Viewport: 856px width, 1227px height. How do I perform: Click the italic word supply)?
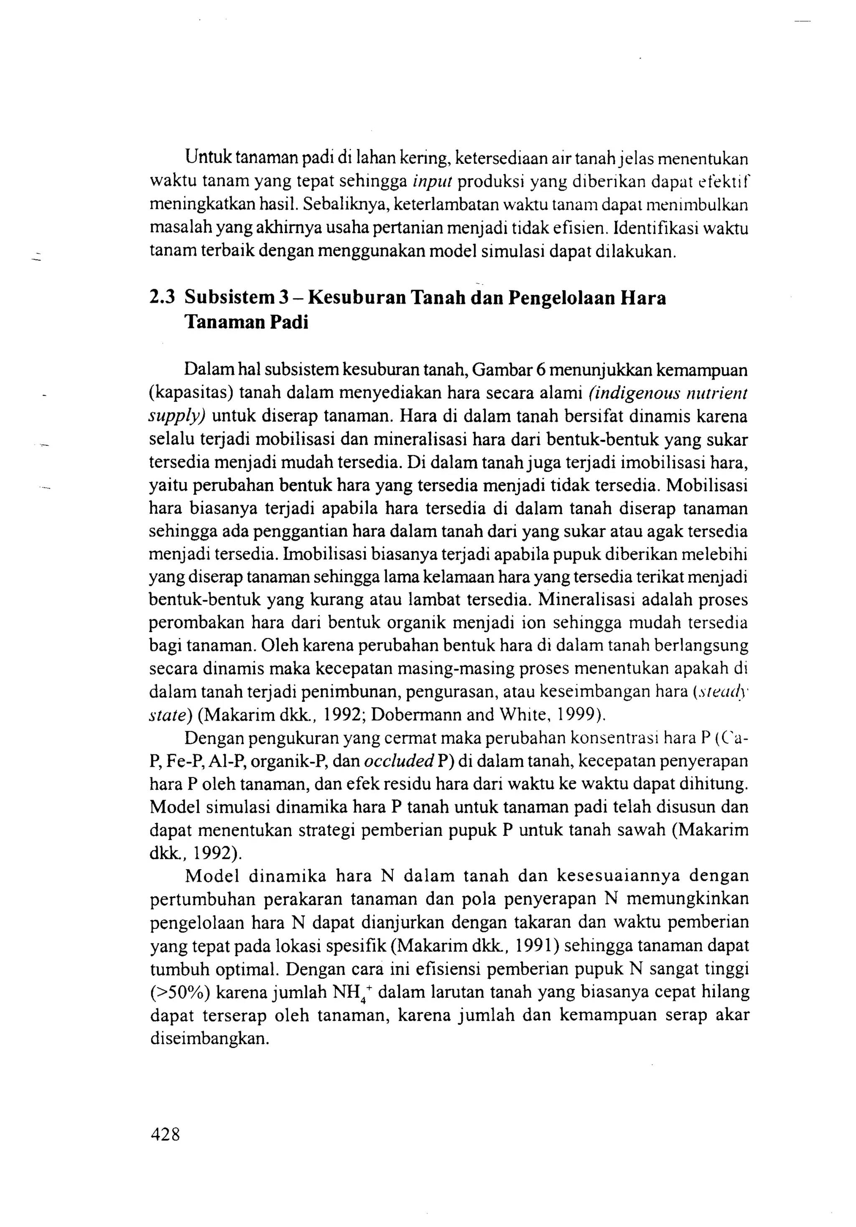[x=177, y=416]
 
